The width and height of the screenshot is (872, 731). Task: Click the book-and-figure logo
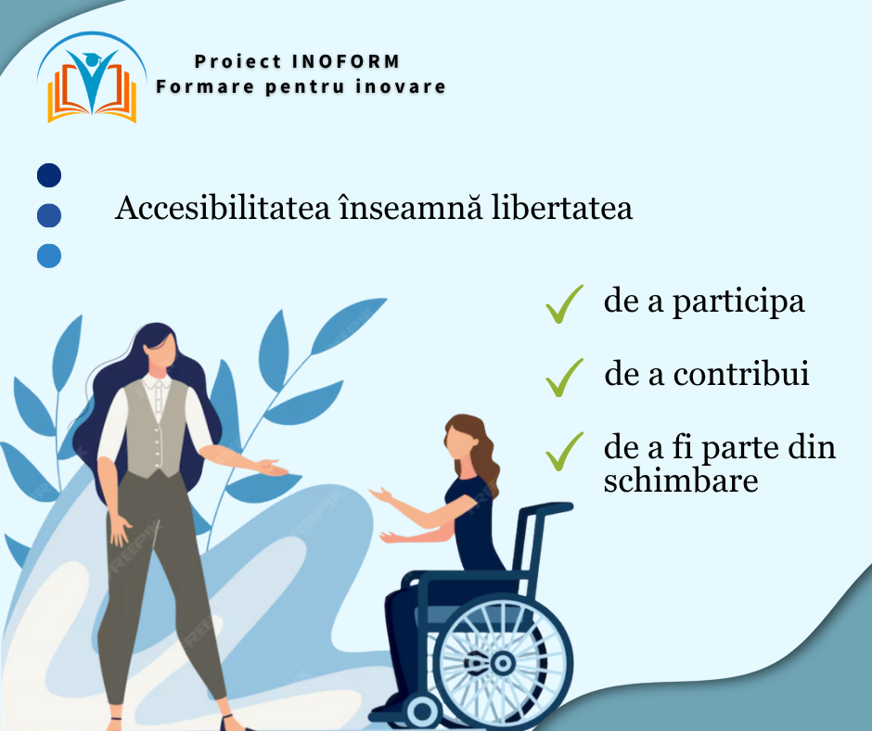92,78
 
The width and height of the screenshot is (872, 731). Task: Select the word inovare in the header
401,87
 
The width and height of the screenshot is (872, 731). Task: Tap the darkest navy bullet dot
49,175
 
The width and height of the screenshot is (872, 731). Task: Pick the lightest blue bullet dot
49,256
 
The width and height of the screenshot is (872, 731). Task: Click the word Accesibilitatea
223,208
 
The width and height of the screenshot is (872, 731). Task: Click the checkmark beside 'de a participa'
564,305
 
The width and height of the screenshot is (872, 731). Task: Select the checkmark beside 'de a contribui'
564,378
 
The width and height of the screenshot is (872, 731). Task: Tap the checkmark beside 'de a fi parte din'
564,452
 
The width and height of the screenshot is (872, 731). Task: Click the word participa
738,302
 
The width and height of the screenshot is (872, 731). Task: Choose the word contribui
741,373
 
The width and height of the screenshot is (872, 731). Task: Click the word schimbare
681,480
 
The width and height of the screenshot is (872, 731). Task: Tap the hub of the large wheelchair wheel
502,662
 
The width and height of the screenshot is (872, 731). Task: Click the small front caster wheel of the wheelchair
422,712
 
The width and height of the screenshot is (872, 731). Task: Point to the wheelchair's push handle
546,508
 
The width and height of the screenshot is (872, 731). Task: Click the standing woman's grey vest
156,430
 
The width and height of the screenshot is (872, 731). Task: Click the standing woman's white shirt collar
157,383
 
